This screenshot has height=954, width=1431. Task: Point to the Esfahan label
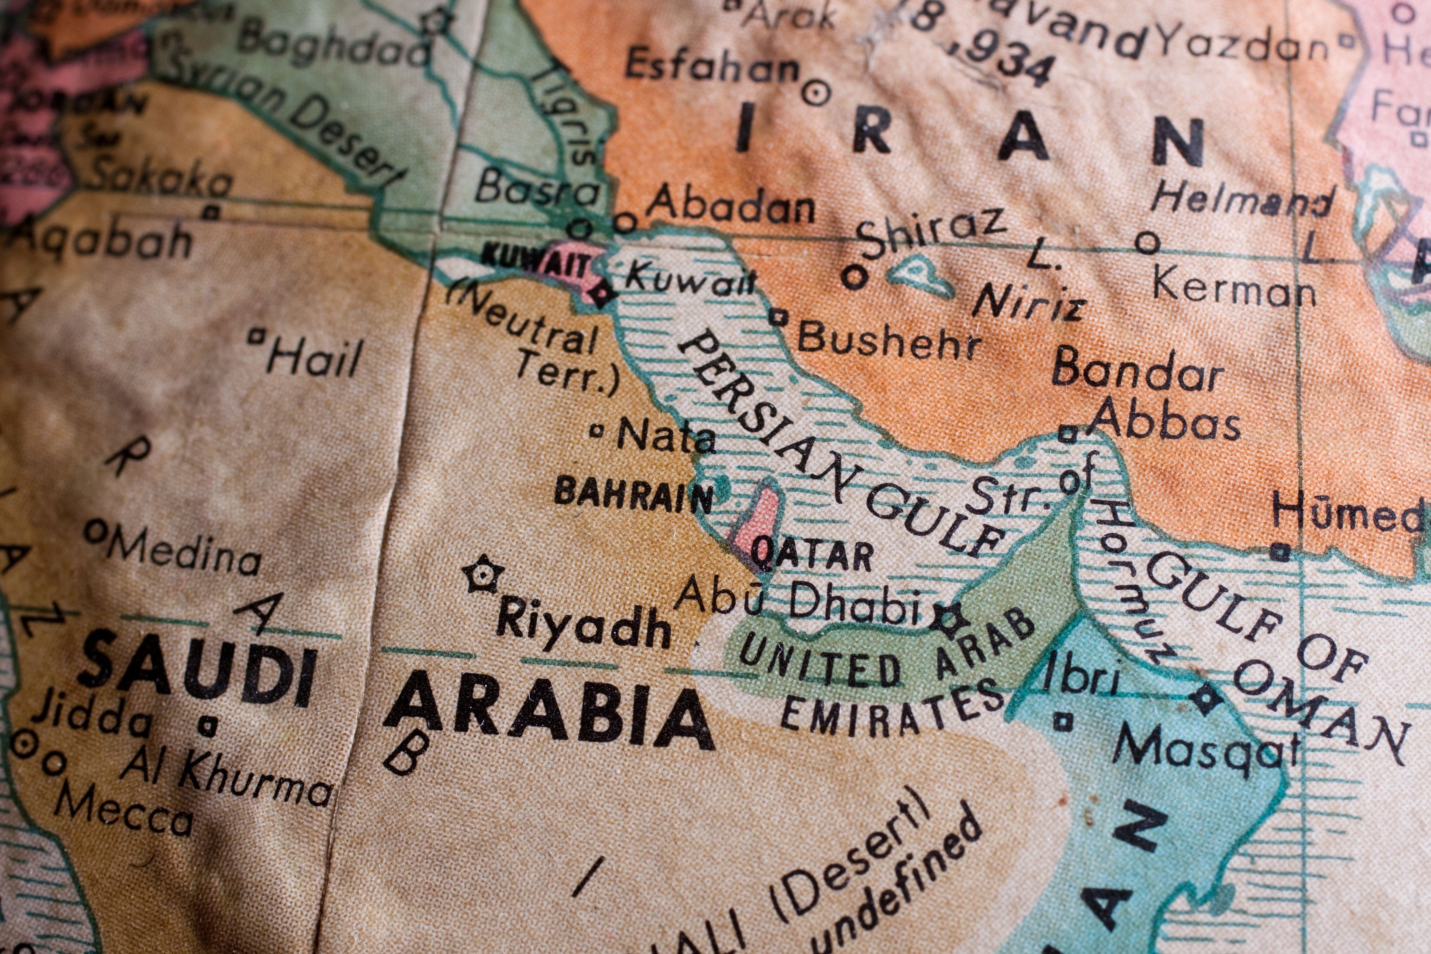coord(712,66)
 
